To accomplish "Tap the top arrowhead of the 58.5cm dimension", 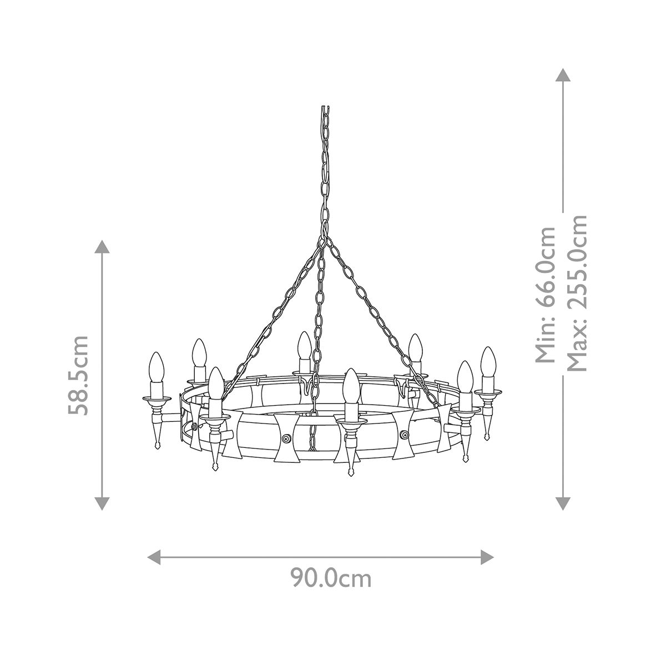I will coord(101,247).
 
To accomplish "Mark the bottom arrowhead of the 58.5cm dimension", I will coord(101,502).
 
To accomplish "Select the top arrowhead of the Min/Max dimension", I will coord(563,76).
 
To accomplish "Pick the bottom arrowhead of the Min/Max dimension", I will coord(563,502).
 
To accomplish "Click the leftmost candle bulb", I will coord(157,367).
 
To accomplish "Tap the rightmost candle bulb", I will coord(488,361).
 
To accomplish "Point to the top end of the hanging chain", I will coord(325,109).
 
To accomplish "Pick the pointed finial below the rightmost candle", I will coord(488,432).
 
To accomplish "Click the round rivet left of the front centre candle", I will coord(286,438).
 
